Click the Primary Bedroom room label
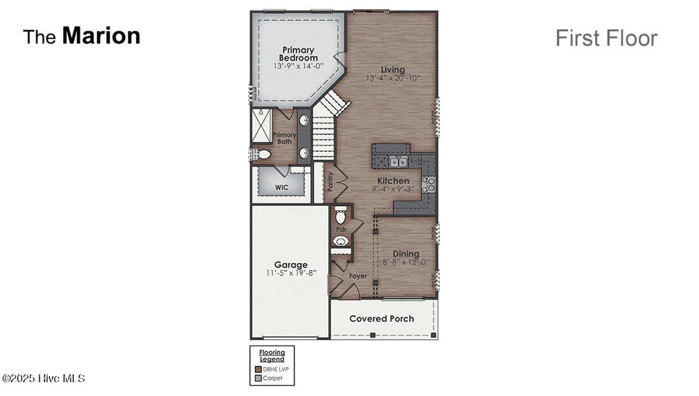point(298,54)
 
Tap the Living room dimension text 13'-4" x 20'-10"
point(393,78)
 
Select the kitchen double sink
point(398,162)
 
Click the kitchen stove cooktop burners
point(428,185)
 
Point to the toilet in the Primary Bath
point(263,154)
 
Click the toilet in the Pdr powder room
point(340,217)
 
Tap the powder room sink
point(341,241)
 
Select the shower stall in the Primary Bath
point(262,126)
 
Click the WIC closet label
point(282,188)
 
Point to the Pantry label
point(330,182)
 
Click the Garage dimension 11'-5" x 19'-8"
point(291,273)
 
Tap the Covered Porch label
point(381,319)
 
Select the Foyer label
point(358,276)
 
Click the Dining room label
point(406,254)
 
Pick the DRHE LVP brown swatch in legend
point(258,369)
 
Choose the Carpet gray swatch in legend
point(258,378)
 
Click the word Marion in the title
point(101,36)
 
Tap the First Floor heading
point(606,38)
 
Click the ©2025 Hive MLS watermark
point(43,378)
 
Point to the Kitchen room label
point(393,181)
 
